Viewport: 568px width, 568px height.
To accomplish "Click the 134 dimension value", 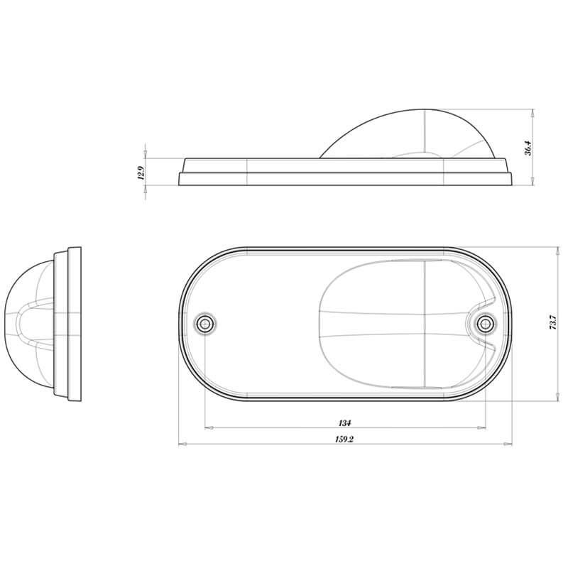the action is [x=345, y=422].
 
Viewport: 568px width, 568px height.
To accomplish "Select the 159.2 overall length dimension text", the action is [x=344, y=439].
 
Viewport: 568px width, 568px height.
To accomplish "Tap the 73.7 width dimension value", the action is [x=553, y=322].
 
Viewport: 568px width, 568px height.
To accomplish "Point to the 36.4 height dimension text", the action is [x=528, y=148].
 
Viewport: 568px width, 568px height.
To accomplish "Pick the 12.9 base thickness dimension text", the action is [x=141, y=173].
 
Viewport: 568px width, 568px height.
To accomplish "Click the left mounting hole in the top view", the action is [x=205, y=323].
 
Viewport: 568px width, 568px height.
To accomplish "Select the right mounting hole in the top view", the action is [x=486, y=323].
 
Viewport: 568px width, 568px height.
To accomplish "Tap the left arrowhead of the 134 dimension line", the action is [x=209, y=428].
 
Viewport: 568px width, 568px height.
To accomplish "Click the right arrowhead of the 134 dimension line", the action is [x=482, y=428].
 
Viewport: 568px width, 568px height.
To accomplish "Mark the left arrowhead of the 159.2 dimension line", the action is [x=183, y=444].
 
